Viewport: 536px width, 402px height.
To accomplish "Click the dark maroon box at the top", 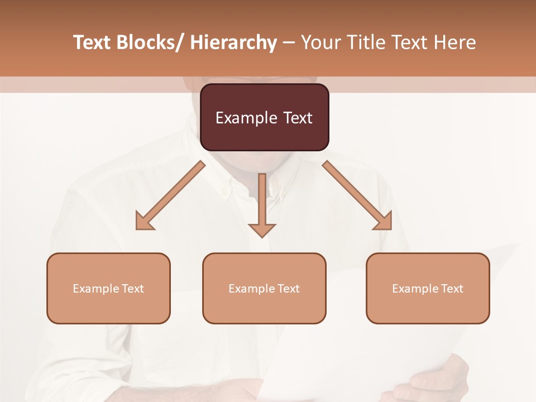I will [x=264, y=117].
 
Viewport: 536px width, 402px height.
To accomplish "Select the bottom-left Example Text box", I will [x=108, y=288].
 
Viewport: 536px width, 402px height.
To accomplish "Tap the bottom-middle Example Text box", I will [x=264, y=288].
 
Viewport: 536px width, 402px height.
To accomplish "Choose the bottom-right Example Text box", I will [x=428, y=288].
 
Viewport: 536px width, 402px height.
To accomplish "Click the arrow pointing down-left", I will [x=170, y=195].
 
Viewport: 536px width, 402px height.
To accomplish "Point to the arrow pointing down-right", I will [x=357, y=195].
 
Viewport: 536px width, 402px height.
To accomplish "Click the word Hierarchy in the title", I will [x=233, y=43].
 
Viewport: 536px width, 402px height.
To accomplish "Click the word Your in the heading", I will [x=320, y=43].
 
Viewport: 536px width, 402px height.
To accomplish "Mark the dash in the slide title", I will [x=289, y=43].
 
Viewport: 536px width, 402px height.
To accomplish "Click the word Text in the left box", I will [x=132, y=289].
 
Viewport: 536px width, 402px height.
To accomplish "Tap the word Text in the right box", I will [x=452, y=289].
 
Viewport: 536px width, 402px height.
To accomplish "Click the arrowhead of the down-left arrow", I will [x=144, y=222].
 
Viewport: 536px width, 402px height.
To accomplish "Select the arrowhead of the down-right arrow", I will [x=384, y=222].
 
